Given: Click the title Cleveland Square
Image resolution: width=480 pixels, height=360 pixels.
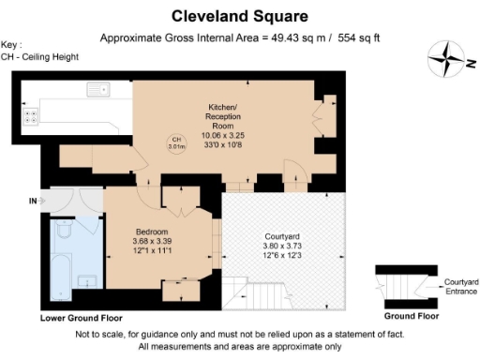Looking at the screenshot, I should tap(239, 16).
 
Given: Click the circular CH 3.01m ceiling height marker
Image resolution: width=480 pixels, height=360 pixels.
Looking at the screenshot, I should tap(175, 142).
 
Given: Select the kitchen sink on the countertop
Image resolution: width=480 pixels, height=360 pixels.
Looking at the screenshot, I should tap(97, 91).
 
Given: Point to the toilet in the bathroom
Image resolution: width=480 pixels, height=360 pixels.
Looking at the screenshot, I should tap(65, 231).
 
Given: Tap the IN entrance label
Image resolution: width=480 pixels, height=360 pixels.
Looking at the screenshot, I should tap(34, 201).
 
